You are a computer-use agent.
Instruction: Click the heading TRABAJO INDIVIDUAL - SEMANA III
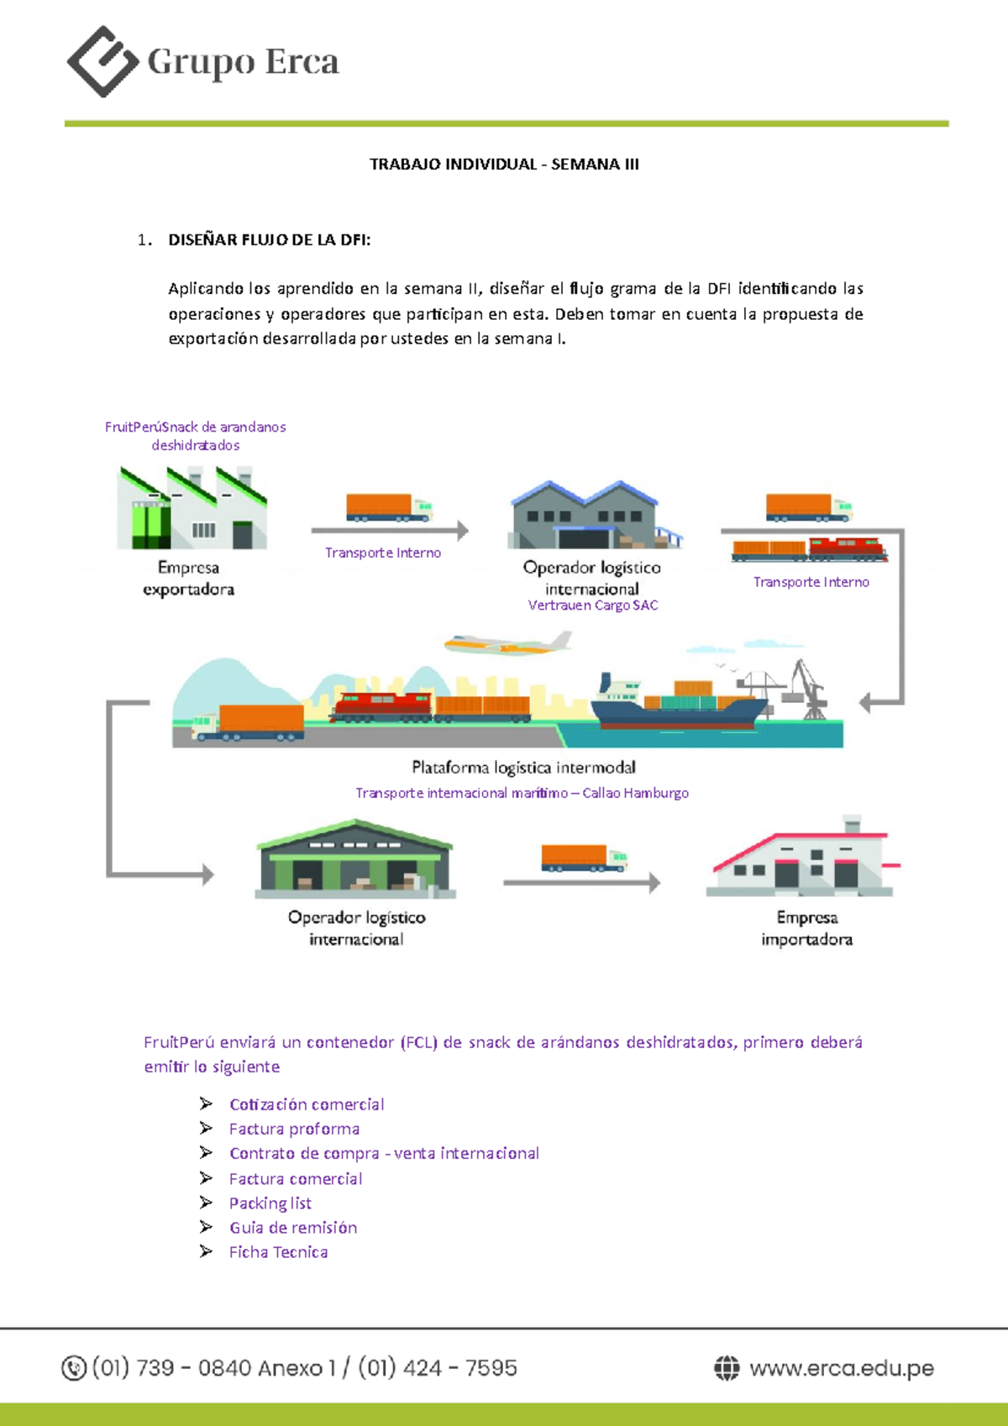pos(504,165)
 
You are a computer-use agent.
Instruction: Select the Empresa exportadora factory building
pos(192,508)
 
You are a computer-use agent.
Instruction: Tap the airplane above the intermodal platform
pos(507,644)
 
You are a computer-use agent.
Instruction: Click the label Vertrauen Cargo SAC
pos(593,606)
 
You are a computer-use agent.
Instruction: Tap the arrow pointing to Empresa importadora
pos(581,882)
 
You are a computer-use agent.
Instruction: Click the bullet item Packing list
pos(270,1203)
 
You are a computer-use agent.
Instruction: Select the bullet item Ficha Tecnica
pos(278,1252)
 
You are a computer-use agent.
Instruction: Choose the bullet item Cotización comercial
pos(307,1104)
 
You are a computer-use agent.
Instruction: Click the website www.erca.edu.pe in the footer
pos(841,1368)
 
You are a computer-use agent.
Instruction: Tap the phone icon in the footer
pos(74,1368)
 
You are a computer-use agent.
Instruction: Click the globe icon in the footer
pos(727,1368)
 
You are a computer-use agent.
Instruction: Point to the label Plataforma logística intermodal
pos(523,768)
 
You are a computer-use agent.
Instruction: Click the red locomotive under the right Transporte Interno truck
pos(846,549)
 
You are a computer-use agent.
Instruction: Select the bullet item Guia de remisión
pos(293,1228)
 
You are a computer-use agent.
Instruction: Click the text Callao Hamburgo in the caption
pos(635,793)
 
